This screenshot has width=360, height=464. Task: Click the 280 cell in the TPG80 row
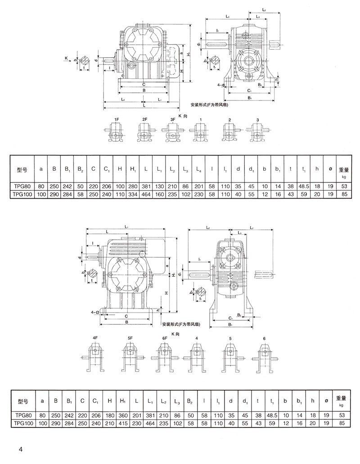coord(133,185)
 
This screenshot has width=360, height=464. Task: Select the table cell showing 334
coord(133,193)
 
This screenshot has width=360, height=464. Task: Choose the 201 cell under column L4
coord(199,185)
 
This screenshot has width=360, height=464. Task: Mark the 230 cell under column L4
coord(199,193)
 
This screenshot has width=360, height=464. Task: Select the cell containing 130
coord(160,185)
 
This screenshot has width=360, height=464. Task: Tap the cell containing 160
coord(160,193)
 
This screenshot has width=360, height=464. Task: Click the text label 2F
coord(145,120)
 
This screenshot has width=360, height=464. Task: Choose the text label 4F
coord(95,338)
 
